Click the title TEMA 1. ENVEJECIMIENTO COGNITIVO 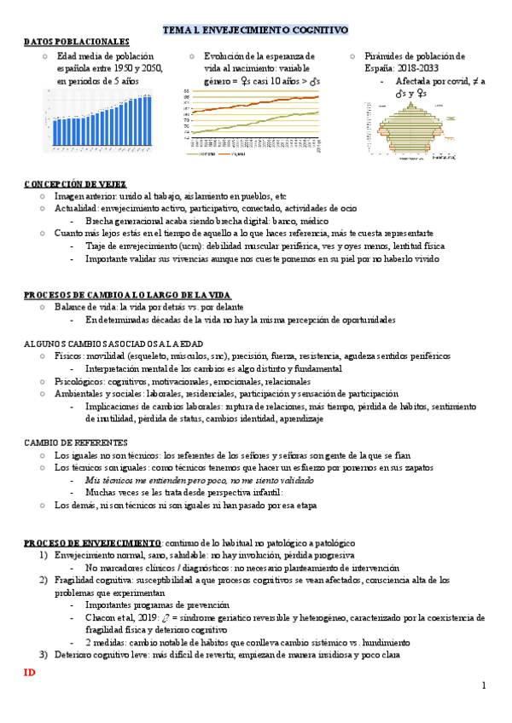pyautogui.click(x=255, y=30)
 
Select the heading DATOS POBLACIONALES pyautogui.click(x=77, y=42)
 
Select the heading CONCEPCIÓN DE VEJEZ pyautogui.click(x=75, y=183)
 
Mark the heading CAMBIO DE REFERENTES pyautogui.click(x=76, y=443)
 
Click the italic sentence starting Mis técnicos pyautogui.click(x=188, y=481)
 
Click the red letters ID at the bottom pyautogui.click(x=29, y=674)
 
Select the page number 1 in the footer pyautogui.click(x=483, y=686)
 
